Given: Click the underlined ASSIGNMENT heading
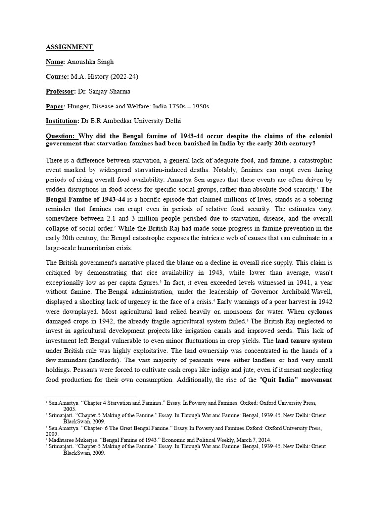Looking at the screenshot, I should coord(68,47).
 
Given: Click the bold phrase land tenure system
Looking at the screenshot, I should coord(304,340).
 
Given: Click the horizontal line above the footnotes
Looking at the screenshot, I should coord(91,396).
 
